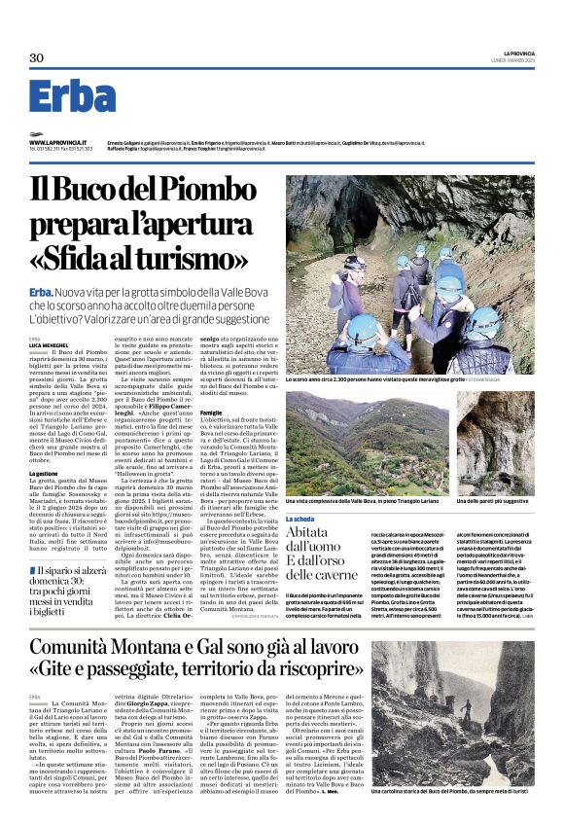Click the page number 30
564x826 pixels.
point(37,58)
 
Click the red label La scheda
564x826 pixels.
point(300,520)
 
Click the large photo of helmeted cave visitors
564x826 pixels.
point(419,272)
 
